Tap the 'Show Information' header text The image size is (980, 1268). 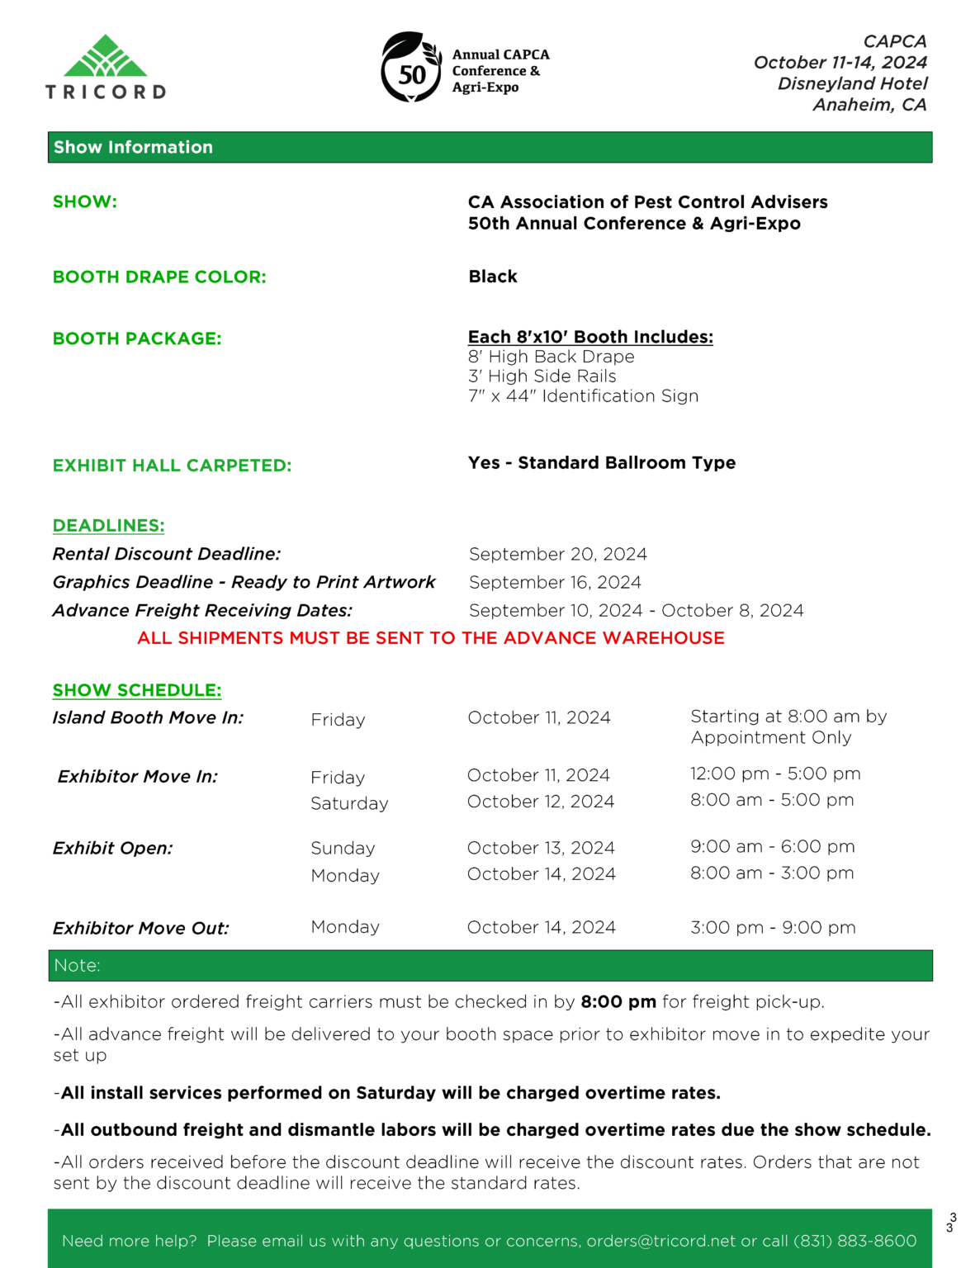(133, 147)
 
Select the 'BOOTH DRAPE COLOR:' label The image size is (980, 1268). (159, 277)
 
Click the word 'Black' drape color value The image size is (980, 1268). (493, 277)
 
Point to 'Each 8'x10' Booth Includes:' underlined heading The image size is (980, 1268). (590, 337)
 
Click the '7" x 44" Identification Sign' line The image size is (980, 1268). (583, 396)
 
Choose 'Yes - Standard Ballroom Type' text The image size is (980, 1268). (601, 463)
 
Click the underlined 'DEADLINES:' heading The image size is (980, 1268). (108, 526)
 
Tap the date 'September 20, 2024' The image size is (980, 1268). (557, 555)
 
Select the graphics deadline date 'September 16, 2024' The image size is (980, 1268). (555, 583)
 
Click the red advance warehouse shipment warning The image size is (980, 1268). (430, 638)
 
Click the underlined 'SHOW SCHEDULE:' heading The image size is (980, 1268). (137, 690)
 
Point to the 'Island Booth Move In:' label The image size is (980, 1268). (148, 718)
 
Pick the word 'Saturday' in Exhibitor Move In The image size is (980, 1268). (349, 804)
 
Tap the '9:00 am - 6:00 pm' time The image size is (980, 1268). (772, 847)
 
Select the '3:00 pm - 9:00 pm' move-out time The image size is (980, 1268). (773, 928)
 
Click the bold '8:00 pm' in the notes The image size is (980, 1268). (618, 1002)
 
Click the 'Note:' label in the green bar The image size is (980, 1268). (77, 966)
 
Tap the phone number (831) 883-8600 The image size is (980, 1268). (855, 1242)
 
